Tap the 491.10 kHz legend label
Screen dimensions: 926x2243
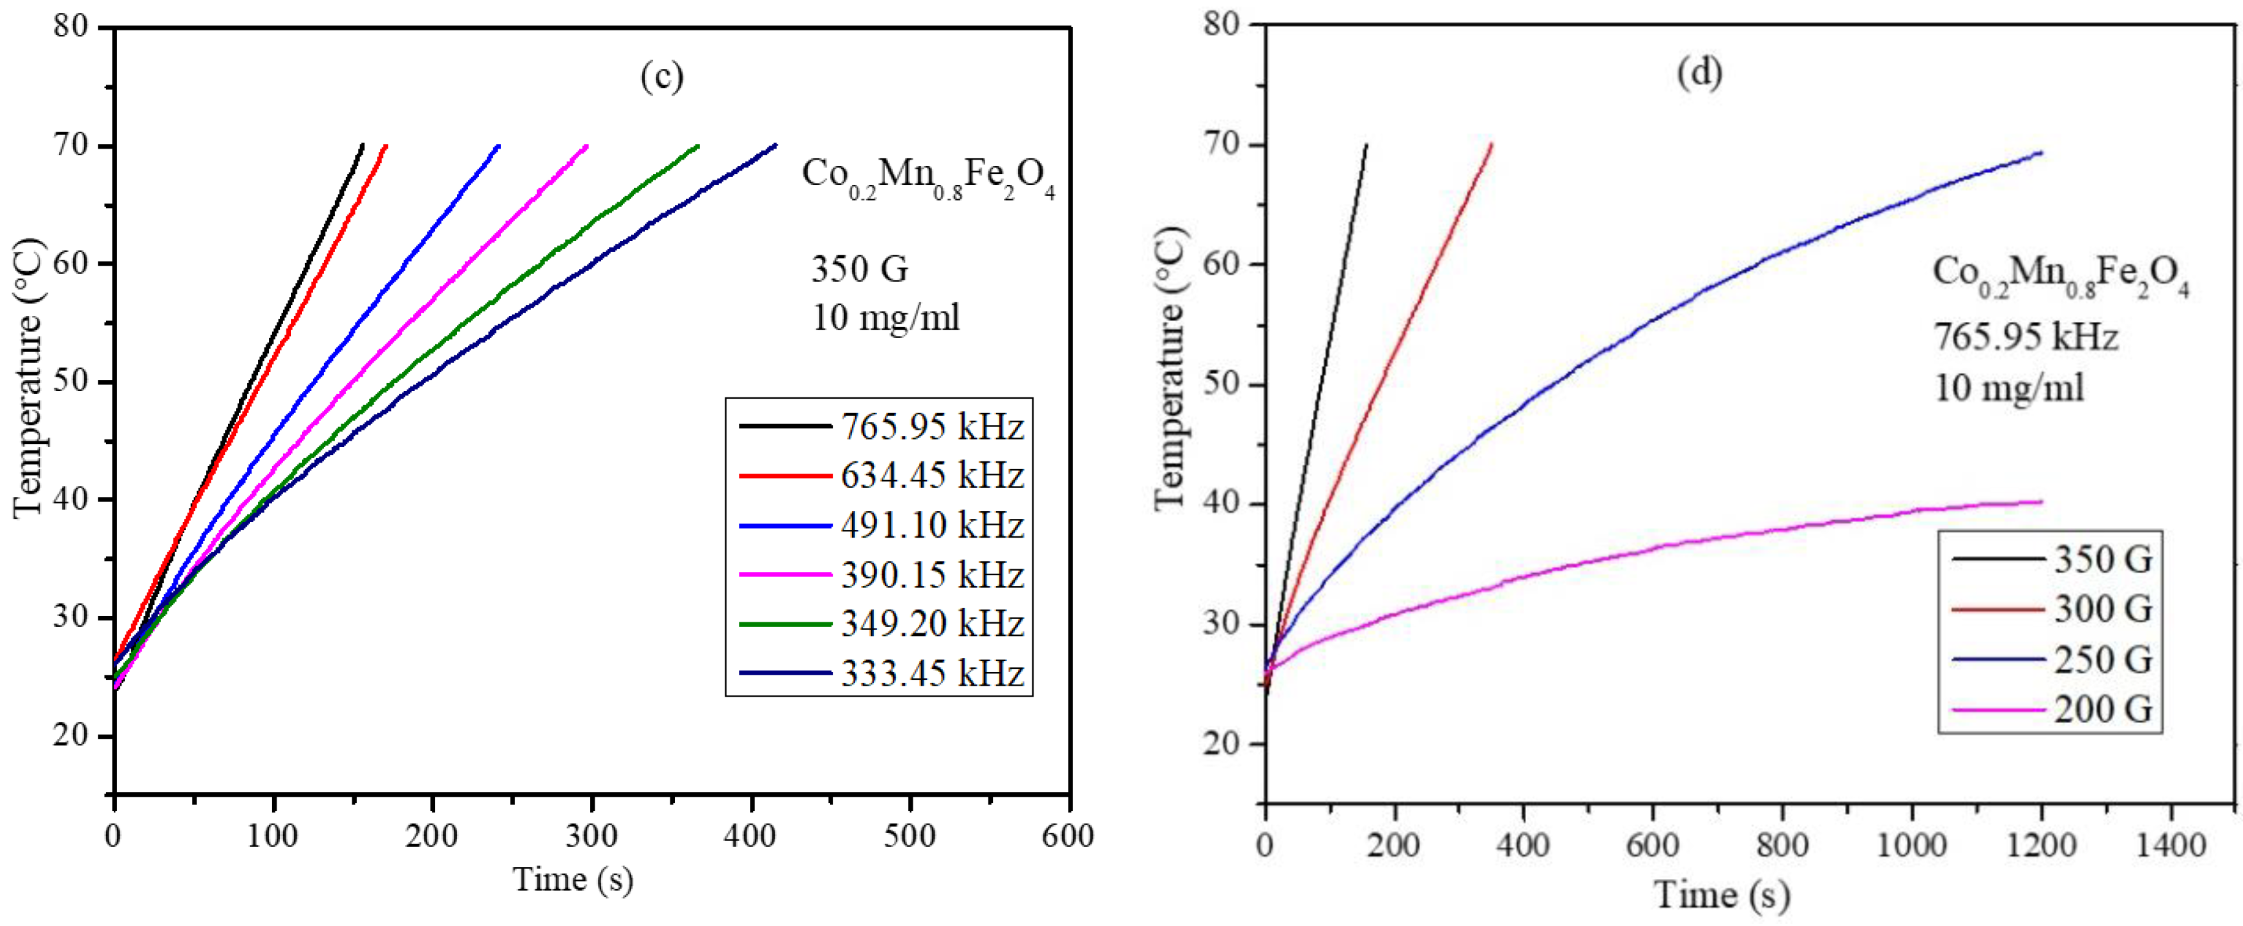pyautogui.click(x=931, y=525)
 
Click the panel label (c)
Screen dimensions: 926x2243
pyautogui.click(x=662, y=77)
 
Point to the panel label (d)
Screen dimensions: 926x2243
pyautogui.click(x=1699, y=72)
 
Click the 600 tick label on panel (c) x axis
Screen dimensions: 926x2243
pyautogui.click(x=1068, y=836)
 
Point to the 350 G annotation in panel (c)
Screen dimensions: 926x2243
pyautogui.click(x=860, y=269)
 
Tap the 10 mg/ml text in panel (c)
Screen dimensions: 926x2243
pyautogui.click(x=886, y=318)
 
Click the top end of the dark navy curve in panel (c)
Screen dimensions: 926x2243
pyautogui.click(x=775, y=145)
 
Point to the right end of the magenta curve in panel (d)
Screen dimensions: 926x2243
pyautogui.click(x=2040, y=501)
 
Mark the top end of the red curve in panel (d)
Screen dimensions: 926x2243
pyautogui.click(x=1491, y=145)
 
